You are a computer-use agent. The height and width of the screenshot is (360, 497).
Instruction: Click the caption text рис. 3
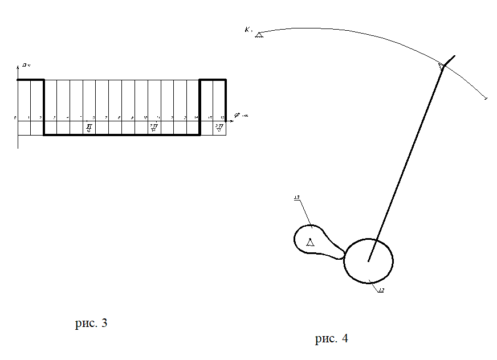[91, 324]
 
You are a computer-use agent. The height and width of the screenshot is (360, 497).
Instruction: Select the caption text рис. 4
[331, 339]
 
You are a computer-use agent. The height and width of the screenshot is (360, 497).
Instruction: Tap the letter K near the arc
[248, 30]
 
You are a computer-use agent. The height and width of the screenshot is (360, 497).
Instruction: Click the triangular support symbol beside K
[259, 35]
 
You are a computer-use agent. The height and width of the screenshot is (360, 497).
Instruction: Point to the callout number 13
[297, 198]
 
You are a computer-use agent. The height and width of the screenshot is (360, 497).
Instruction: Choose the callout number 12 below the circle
[381, 291]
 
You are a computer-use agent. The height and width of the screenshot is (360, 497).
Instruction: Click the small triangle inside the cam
[310, 243]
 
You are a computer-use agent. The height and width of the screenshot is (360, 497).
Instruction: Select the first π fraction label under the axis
[89, 128]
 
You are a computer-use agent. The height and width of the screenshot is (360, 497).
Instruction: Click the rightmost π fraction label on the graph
[219, 128]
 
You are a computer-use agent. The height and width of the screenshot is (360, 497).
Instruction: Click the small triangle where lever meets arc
[442, 67]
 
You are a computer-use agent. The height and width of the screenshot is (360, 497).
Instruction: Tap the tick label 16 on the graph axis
[223, 117]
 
